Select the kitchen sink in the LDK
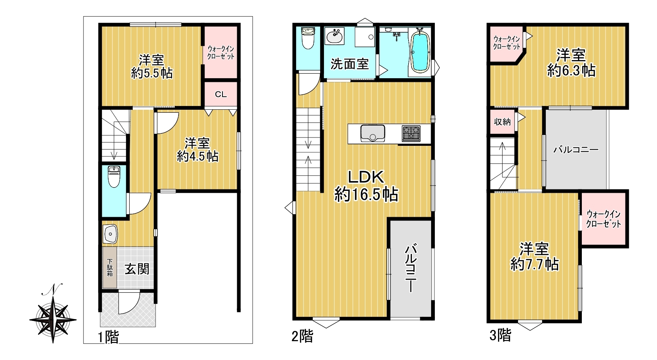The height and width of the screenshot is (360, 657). tap(372, 133)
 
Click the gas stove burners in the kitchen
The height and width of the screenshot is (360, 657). tap(411, 133)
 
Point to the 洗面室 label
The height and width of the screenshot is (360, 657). tap(350, 64)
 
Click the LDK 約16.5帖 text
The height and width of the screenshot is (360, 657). tap(366, 186)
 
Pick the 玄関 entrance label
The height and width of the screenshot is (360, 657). tap(137, 269)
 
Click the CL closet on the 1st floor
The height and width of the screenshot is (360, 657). tap(221, 94)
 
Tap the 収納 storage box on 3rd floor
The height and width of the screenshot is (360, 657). tap(503, 122)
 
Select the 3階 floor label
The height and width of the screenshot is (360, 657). tap(500, 335)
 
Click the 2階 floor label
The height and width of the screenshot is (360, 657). tap(302, 336)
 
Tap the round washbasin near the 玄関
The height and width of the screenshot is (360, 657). tap(110, 234)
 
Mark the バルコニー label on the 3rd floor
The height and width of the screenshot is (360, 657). tap(576, 150)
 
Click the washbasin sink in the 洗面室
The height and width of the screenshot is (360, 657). tap(335, 36)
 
